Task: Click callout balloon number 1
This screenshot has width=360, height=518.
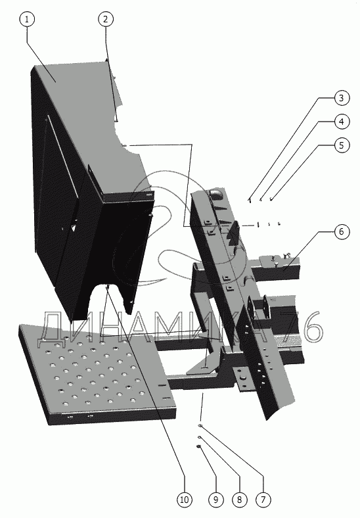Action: click(x=27, y=19)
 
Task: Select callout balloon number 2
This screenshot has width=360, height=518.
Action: click(x=106, y=19)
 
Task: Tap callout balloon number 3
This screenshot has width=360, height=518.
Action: click(x=342, y=98)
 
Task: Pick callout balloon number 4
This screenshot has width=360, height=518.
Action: click(x=342, y=122)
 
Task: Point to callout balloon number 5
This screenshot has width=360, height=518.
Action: click(x=342, y=145)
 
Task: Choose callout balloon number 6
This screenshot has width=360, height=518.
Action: click(x=342, y=231)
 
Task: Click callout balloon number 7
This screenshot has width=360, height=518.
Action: click(x=263, y=500)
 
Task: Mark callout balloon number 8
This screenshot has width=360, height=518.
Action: click(x=239, y=500)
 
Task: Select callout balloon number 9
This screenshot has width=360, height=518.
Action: click(x=215, y=500)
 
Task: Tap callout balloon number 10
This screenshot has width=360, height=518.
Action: click(x=185, y=500)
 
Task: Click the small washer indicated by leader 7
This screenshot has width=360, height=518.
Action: click(x=200, y=426)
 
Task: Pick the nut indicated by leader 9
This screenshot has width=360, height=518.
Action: click(x=199, y=446)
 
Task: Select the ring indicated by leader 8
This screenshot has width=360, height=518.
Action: click(x=200, y=437)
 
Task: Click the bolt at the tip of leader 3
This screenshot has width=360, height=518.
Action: click(x=250, y=200)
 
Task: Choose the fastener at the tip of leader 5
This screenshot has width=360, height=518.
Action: click(x=271, y=200)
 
